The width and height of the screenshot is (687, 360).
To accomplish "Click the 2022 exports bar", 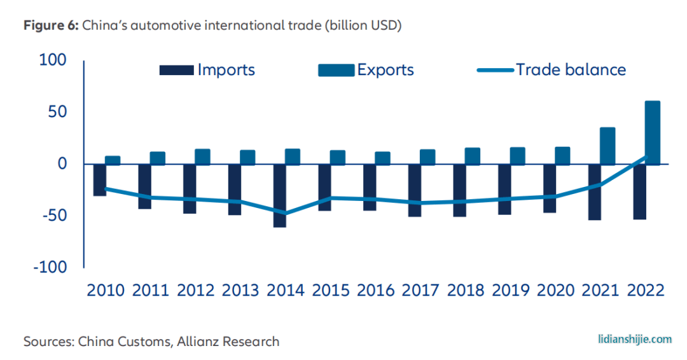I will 652,132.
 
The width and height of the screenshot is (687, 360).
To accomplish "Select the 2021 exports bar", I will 607,146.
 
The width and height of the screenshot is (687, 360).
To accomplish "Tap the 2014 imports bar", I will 281,196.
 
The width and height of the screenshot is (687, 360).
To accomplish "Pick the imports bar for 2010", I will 100,180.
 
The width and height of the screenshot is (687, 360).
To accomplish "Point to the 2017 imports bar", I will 415,190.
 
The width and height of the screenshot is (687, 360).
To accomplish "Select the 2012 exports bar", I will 202,156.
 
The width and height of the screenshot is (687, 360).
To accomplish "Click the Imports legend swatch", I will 176,70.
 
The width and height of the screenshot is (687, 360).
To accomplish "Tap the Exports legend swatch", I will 336,70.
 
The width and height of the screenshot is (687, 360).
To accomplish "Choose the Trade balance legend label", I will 571,69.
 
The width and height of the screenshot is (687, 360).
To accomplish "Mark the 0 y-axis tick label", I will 61,164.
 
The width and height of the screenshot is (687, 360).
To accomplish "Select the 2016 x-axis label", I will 377,290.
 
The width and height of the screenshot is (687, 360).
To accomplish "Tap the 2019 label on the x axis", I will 512,290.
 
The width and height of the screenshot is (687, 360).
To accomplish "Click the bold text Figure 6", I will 51,25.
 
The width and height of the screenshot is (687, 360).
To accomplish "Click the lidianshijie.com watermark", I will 634,339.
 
